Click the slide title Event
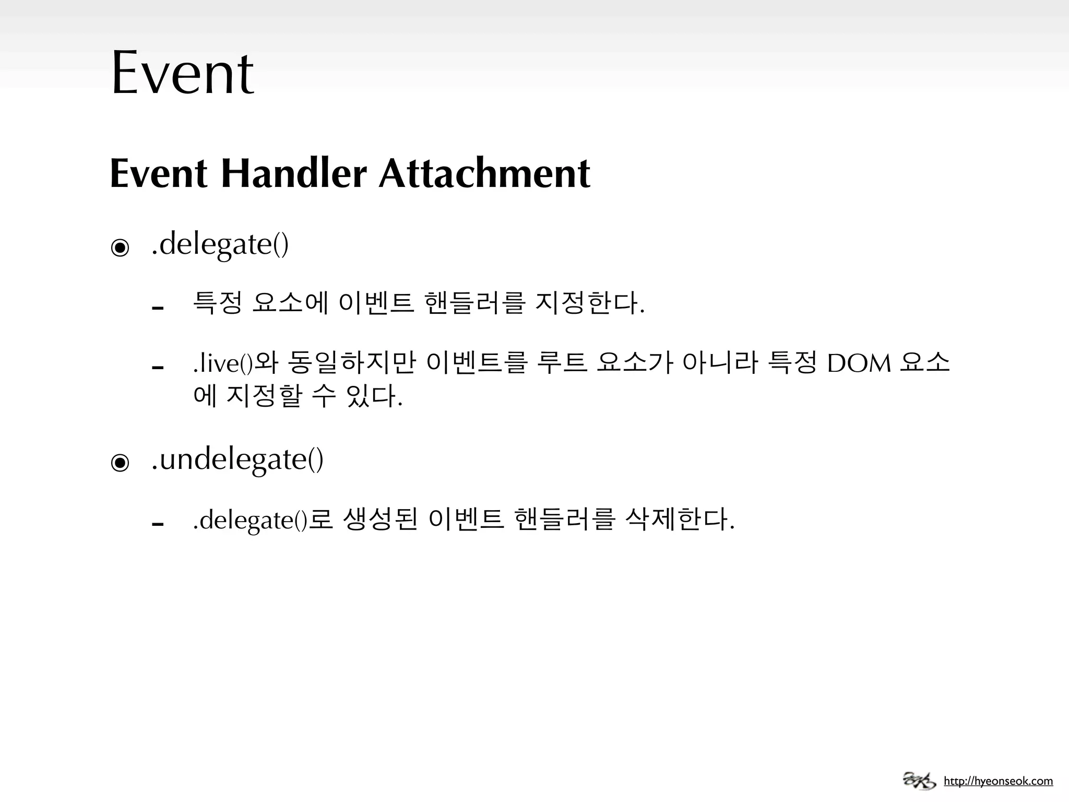click(183, 73)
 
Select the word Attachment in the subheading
click(484, 173)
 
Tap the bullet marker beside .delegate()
click(120, 247)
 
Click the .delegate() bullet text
click(220, 244)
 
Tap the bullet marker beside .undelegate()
click(120, 463)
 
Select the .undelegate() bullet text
click(237, 459)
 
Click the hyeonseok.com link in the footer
click(998, 781)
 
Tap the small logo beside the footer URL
click(920, 781)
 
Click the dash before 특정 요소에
click(158, 308)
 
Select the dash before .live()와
click(158, 368)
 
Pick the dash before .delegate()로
click(158, 524)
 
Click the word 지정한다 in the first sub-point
click(590, 303)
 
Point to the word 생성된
click(381, 520)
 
